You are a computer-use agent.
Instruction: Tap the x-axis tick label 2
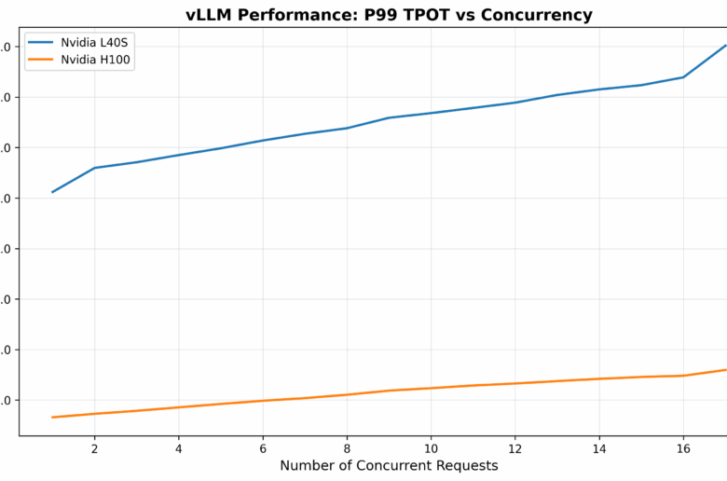pos(94,447)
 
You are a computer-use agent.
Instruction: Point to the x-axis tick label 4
pos(178,447)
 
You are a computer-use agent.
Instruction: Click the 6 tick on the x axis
pos(263,447)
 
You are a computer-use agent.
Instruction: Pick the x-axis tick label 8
pos(347,447)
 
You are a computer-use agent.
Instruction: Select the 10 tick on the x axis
pos(431,447)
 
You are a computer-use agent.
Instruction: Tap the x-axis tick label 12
pos(514,447)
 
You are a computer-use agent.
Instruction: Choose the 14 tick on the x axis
pos(599,447)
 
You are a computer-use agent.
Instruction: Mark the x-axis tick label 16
pos(683,447)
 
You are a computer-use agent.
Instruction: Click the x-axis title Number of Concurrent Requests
pos(389,465)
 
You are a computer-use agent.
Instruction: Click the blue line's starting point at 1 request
pos(52,192)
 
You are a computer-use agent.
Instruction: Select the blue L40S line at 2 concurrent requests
pos(94,168)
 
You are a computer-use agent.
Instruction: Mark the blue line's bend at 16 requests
pos(683,76)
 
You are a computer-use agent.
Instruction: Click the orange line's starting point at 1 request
pos(52,417)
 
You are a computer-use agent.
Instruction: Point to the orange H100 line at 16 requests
pos(683,376)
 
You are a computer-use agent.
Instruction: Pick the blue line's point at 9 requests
pos(389,117)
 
